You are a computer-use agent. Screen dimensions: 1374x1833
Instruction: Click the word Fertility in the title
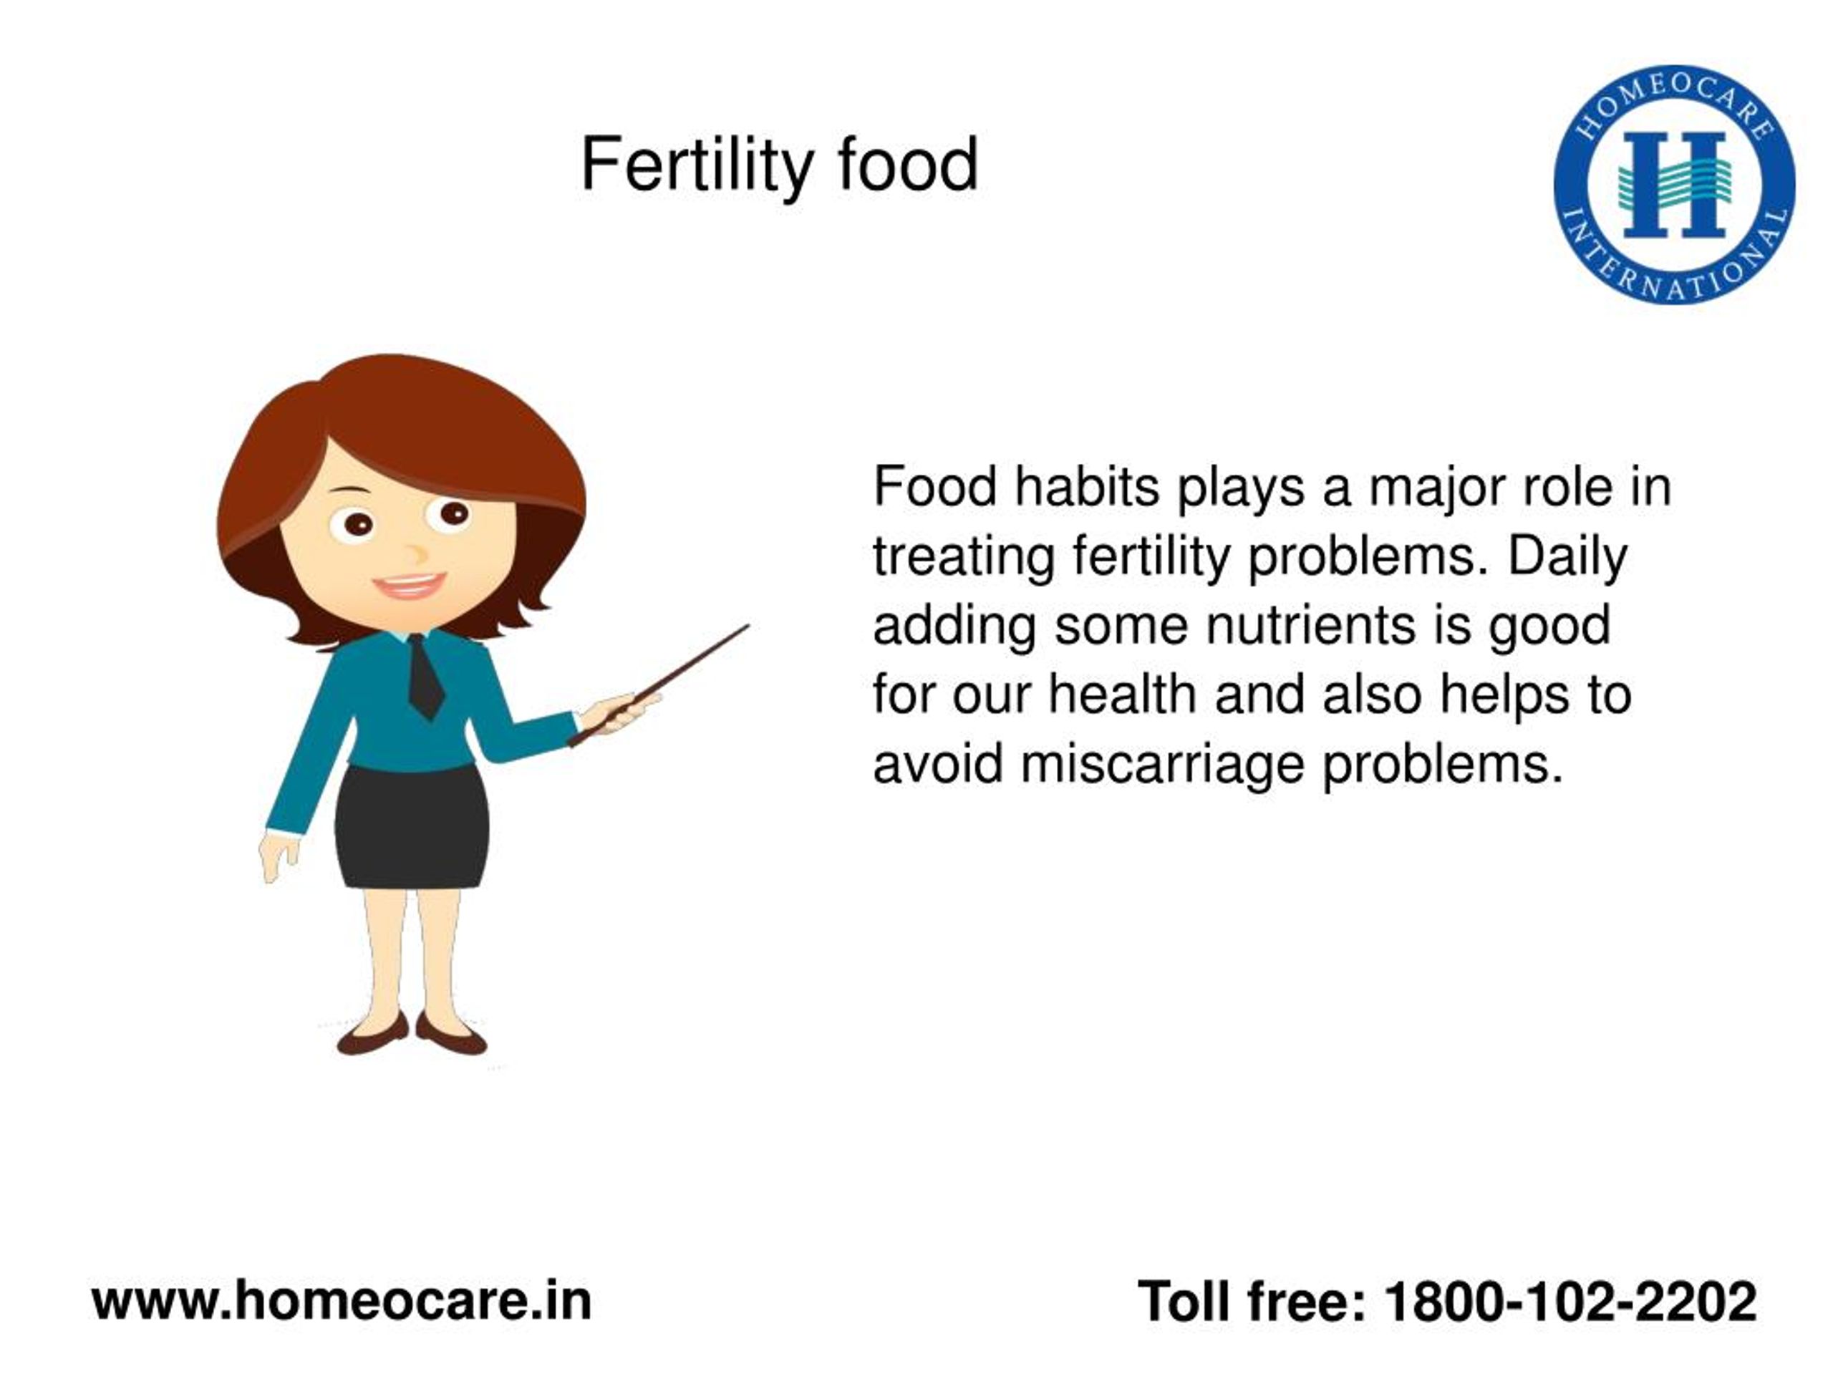pyautogui.click(x=696, y=165)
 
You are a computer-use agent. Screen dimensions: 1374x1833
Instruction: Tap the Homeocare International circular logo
pyautogui.click(x=1675, y=185)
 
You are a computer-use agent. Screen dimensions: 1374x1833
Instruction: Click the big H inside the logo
pyautogui.click(x=1675, y=185)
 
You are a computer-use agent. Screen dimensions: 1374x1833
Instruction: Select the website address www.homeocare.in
pyautogui.click(x=342, y=1301)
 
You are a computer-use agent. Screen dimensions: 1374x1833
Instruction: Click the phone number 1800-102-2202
pyautogui.click(x=1570, y=1302)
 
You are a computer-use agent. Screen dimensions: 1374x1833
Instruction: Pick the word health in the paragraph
pyautogui.click(x=1122, y=695)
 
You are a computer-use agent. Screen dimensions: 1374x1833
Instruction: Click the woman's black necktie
pyautogui.click(x=425, y=676)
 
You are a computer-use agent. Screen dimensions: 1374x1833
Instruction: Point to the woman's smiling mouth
pyautogui.click(x=409, y=586)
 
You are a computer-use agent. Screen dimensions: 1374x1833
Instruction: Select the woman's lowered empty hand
pyautogui.click(x=279, y=856)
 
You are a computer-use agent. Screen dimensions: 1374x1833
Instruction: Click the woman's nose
pyautogui.click(x=415, y=553)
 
